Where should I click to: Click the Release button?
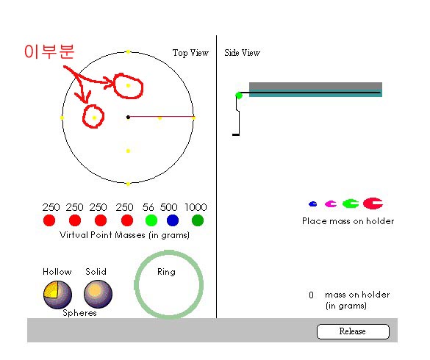pos(353,331)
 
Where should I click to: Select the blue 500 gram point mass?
pos(173,220)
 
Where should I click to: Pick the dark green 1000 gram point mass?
pos(198,220)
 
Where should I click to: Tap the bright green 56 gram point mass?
pos(151,220)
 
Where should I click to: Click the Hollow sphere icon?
pos(57,295)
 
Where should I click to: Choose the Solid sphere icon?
pos(98,294)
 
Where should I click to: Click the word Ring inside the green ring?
pos(166,272)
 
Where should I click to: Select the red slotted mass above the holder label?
pos(373,204)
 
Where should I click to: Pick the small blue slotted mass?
pos(313,204)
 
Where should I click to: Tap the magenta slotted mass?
pos(331,204)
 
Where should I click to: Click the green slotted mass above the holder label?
pos(351,204)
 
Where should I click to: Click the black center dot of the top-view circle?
pos(128,118)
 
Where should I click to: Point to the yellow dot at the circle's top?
pos(128,52)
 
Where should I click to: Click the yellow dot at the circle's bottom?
pos(128,184)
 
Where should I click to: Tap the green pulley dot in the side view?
pos(239,96)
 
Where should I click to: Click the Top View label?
pos(190,53)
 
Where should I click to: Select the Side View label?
pos(242,53)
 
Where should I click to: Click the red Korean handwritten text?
pos(49,51)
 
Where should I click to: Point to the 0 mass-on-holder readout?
pos(311,295)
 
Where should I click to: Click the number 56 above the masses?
pos(148,207)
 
